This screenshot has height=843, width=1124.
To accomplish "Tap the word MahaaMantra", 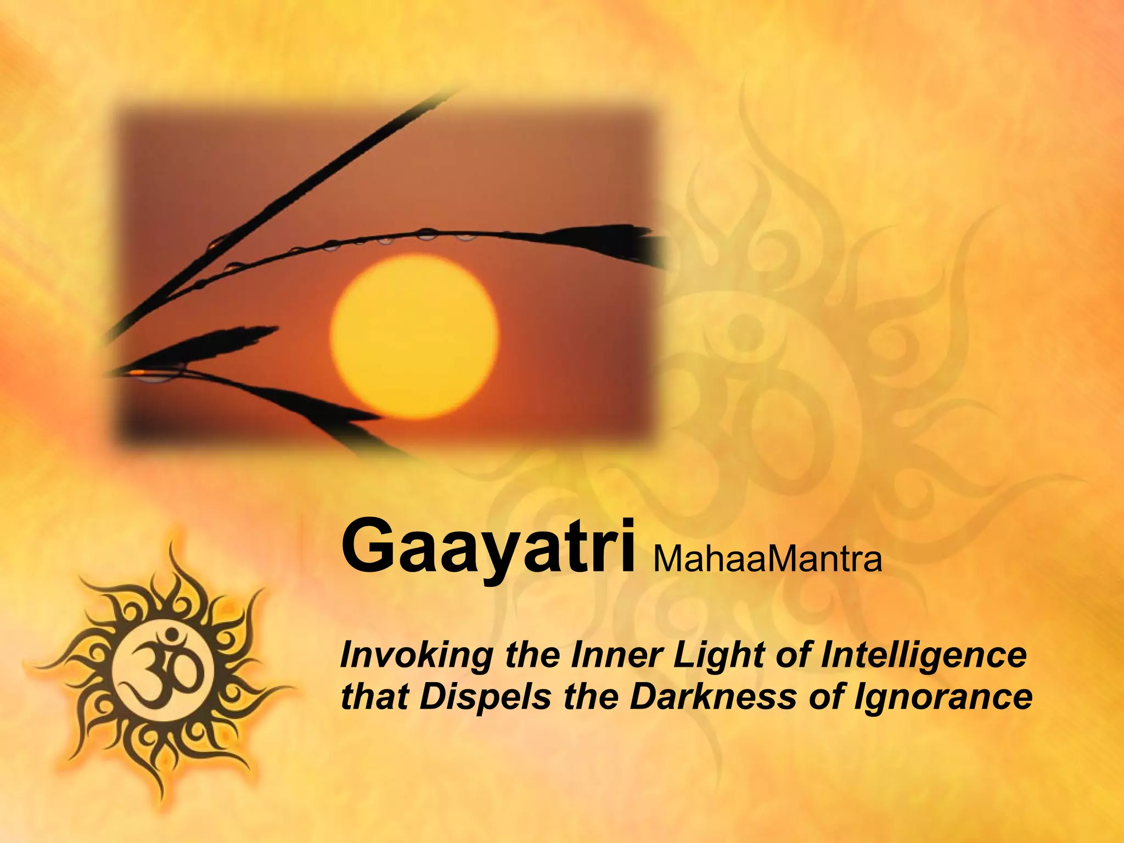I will click(767, 559).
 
